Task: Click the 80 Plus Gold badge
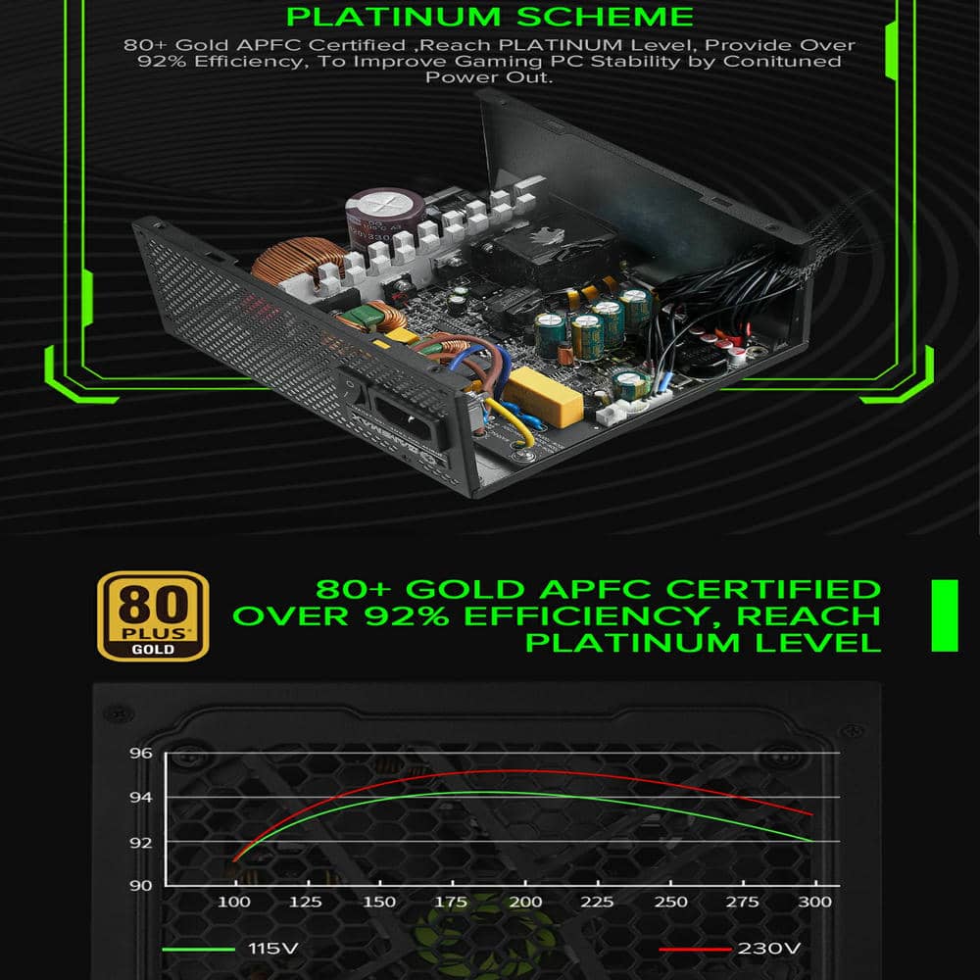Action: [153, 616]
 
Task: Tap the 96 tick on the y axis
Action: [141, 753]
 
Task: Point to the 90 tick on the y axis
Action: [141, 885]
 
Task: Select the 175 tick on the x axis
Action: [451, 902]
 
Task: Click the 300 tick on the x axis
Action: [815, 902]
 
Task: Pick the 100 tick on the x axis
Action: [234, 902]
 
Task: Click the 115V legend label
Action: [273, 949]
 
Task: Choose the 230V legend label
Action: [768, 949]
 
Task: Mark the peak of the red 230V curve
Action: [500, 770]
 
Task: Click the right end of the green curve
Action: [811, 841]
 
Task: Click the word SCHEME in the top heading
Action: [605, 17]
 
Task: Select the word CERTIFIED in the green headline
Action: [773, 589]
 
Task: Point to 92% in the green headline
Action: [407, 616]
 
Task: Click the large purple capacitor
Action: [384, 215]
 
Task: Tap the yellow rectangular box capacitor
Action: [543, 397]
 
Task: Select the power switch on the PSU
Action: [353, 387]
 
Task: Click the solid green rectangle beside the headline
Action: [945, 615]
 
